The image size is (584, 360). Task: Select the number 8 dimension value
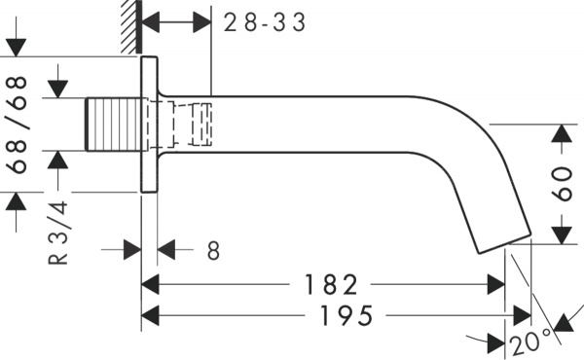(213, 251)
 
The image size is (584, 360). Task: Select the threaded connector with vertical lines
(115, 124)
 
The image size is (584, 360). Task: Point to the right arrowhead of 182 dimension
(497, 285)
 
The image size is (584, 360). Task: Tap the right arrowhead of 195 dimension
(523, 316)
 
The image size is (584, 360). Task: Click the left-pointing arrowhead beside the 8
(166, 251)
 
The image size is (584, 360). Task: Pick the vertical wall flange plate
(149, 125)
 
